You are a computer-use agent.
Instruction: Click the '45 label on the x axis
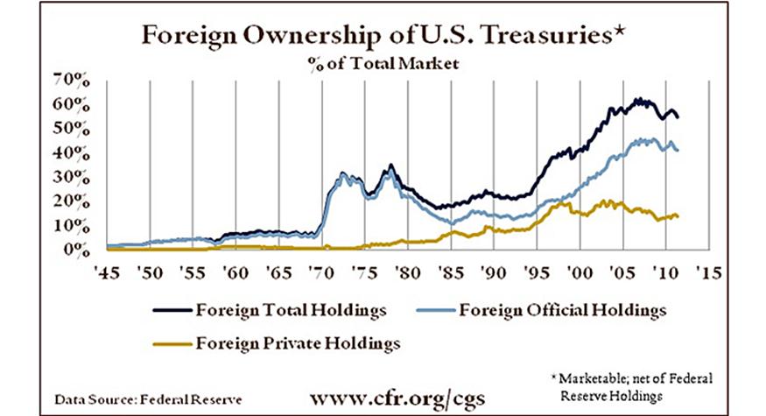click(108, 273)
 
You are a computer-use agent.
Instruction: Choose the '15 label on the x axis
click(706, 273)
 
